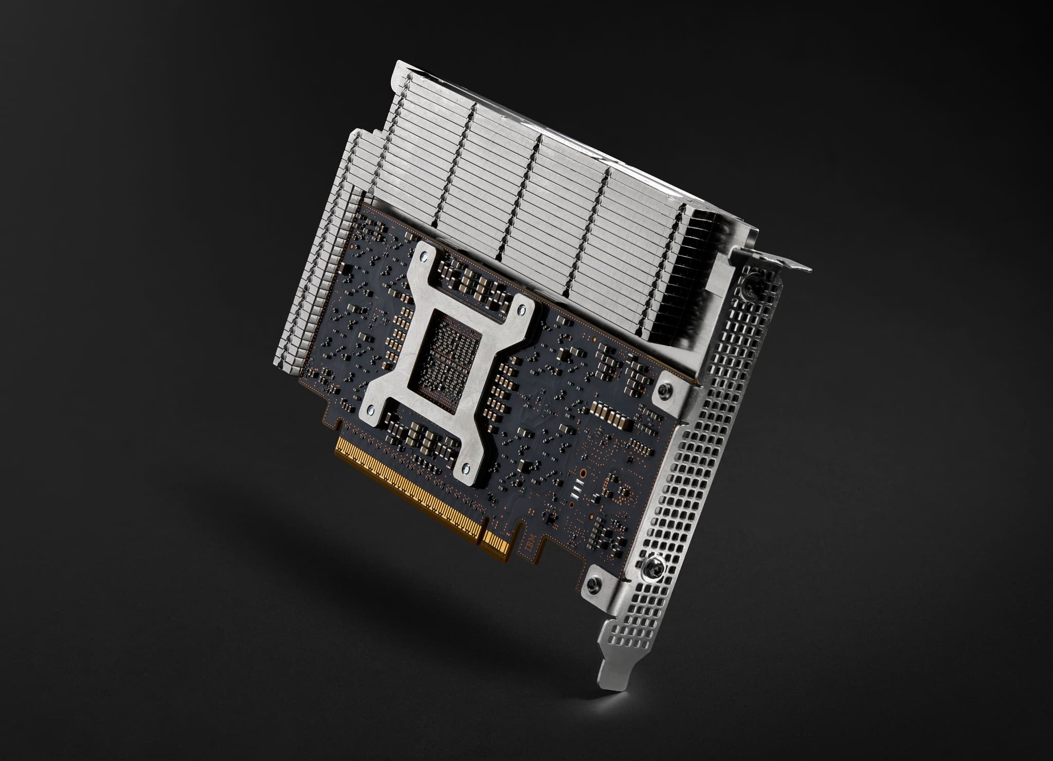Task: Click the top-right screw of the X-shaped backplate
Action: (x=522, y=310)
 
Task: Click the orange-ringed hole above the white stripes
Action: (x=583, y=471)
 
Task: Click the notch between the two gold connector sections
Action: (x=483, y=535)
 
